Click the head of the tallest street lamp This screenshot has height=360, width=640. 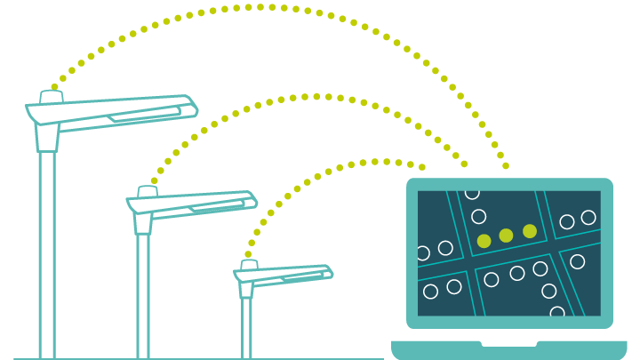pyautogui.click(x=111, y=112)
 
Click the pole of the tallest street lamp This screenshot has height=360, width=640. pyautogui.click(x=47, y=258)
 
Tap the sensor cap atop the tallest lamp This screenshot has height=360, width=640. pyautogui.click(x=51, y=95)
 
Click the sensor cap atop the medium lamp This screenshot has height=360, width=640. pyautogui.click(x=148, y=191)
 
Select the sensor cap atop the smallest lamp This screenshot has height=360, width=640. pyautogui.click(x=249, y=264)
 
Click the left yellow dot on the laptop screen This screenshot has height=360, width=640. pyautogui.click(x=484, y=241)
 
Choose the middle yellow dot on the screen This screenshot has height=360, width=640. pyautogui.click(x=506, y=236)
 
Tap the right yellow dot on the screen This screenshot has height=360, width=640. pyautogui.click(x=530, y=231)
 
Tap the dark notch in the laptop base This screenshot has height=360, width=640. pyautogui.click(x=509, y=343)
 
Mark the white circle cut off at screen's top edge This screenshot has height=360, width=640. pyautogui.click(x=472, y=193)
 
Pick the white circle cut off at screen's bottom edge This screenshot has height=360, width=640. pyautogui.click(x=557, y=312)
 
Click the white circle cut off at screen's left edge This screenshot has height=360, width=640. pyautogui.click(x=422, y=253)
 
